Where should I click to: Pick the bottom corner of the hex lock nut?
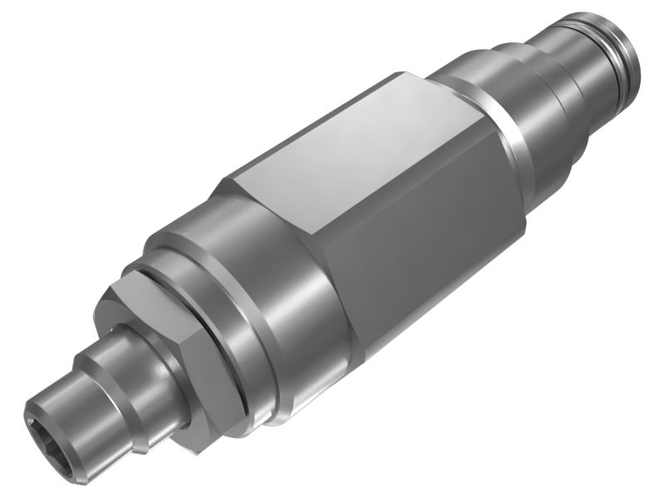point(193,449)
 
